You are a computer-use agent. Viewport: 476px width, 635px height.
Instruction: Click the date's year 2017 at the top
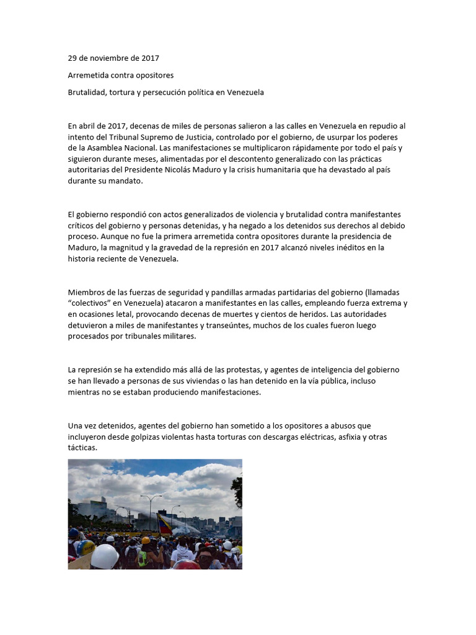click(149, 58)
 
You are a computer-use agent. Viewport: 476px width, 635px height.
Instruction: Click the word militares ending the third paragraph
click(178, 337)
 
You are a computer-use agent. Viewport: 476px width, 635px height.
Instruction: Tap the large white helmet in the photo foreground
click(105, 556)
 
